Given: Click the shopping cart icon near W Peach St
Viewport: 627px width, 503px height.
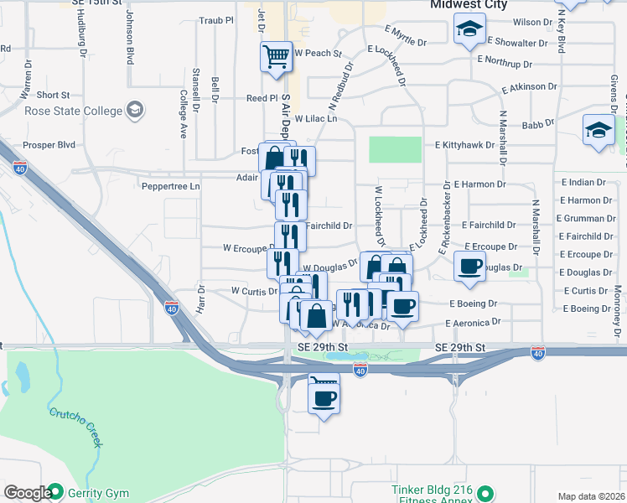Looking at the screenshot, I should (x=276, y=56).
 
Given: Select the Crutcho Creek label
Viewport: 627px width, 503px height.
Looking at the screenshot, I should (x=75, y=426).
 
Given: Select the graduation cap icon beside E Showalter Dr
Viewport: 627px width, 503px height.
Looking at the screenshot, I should (x=469, y=28).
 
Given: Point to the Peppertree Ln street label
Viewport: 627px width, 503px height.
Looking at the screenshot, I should (x=171, y=186).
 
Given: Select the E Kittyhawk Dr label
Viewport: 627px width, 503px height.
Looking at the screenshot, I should (x=464, y=145).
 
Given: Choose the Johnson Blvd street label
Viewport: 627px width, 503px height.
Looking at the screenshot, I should (x=130, y=38).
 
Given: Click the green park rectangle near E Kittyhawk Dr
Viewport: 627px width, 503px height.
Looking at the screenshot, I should (x=395, y=149).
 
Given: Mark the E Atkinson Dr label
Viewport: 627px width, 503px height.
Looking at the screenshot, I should (x=529, y=87).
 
